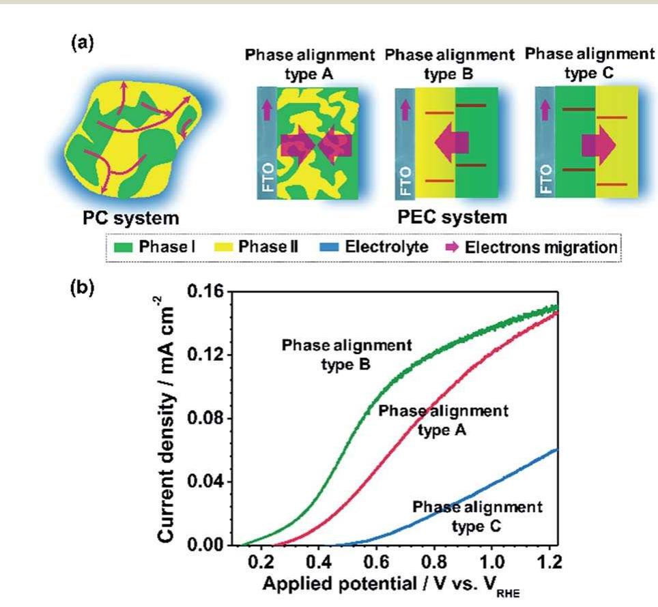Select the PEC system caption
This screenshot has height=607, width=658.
tap(453, 218)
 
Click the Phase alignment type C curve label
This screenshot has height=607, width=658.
tap(477, 516)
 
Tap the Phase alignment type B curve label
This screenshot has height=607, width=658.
tap(347, 355)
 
